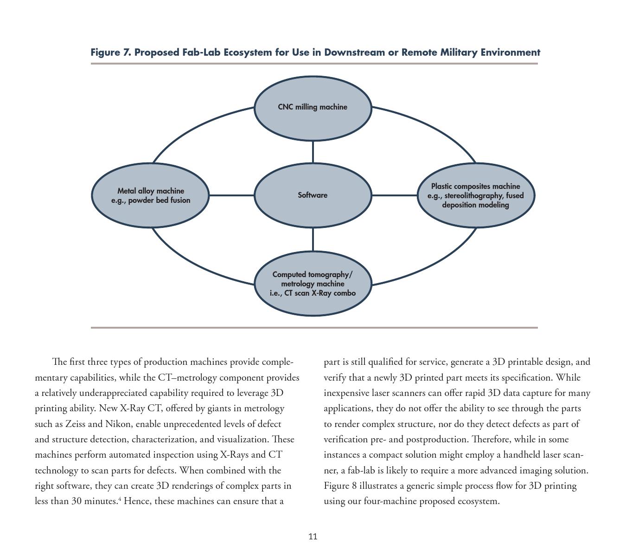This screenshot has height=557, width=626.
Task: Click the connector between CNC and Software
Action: pyautogui.click(x=313, y=152)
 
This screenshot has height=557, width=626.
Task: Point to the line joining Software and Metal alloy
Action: pyautogui.click(x=232, y=195)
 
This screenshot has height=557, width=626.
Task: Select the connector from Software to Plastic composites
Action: pyautogui.click(x=394, y=195)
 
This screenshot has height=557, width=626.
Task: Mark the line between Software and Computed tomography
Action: pyautogui.click(x=313, y=240)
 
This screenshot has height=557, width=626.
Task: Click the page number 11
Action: pyautogui.click(x=313, y=537)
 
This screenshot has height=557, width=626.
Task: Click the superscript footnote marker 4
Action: pyautogui.click(x=120, y=499)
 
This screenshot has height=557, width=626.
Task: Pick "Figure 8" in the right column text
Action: pyautogui.click(x=340, y=486)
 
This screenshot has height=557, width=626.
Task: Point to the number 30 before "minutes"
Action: pyautogui.click(x=77, y=501)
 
